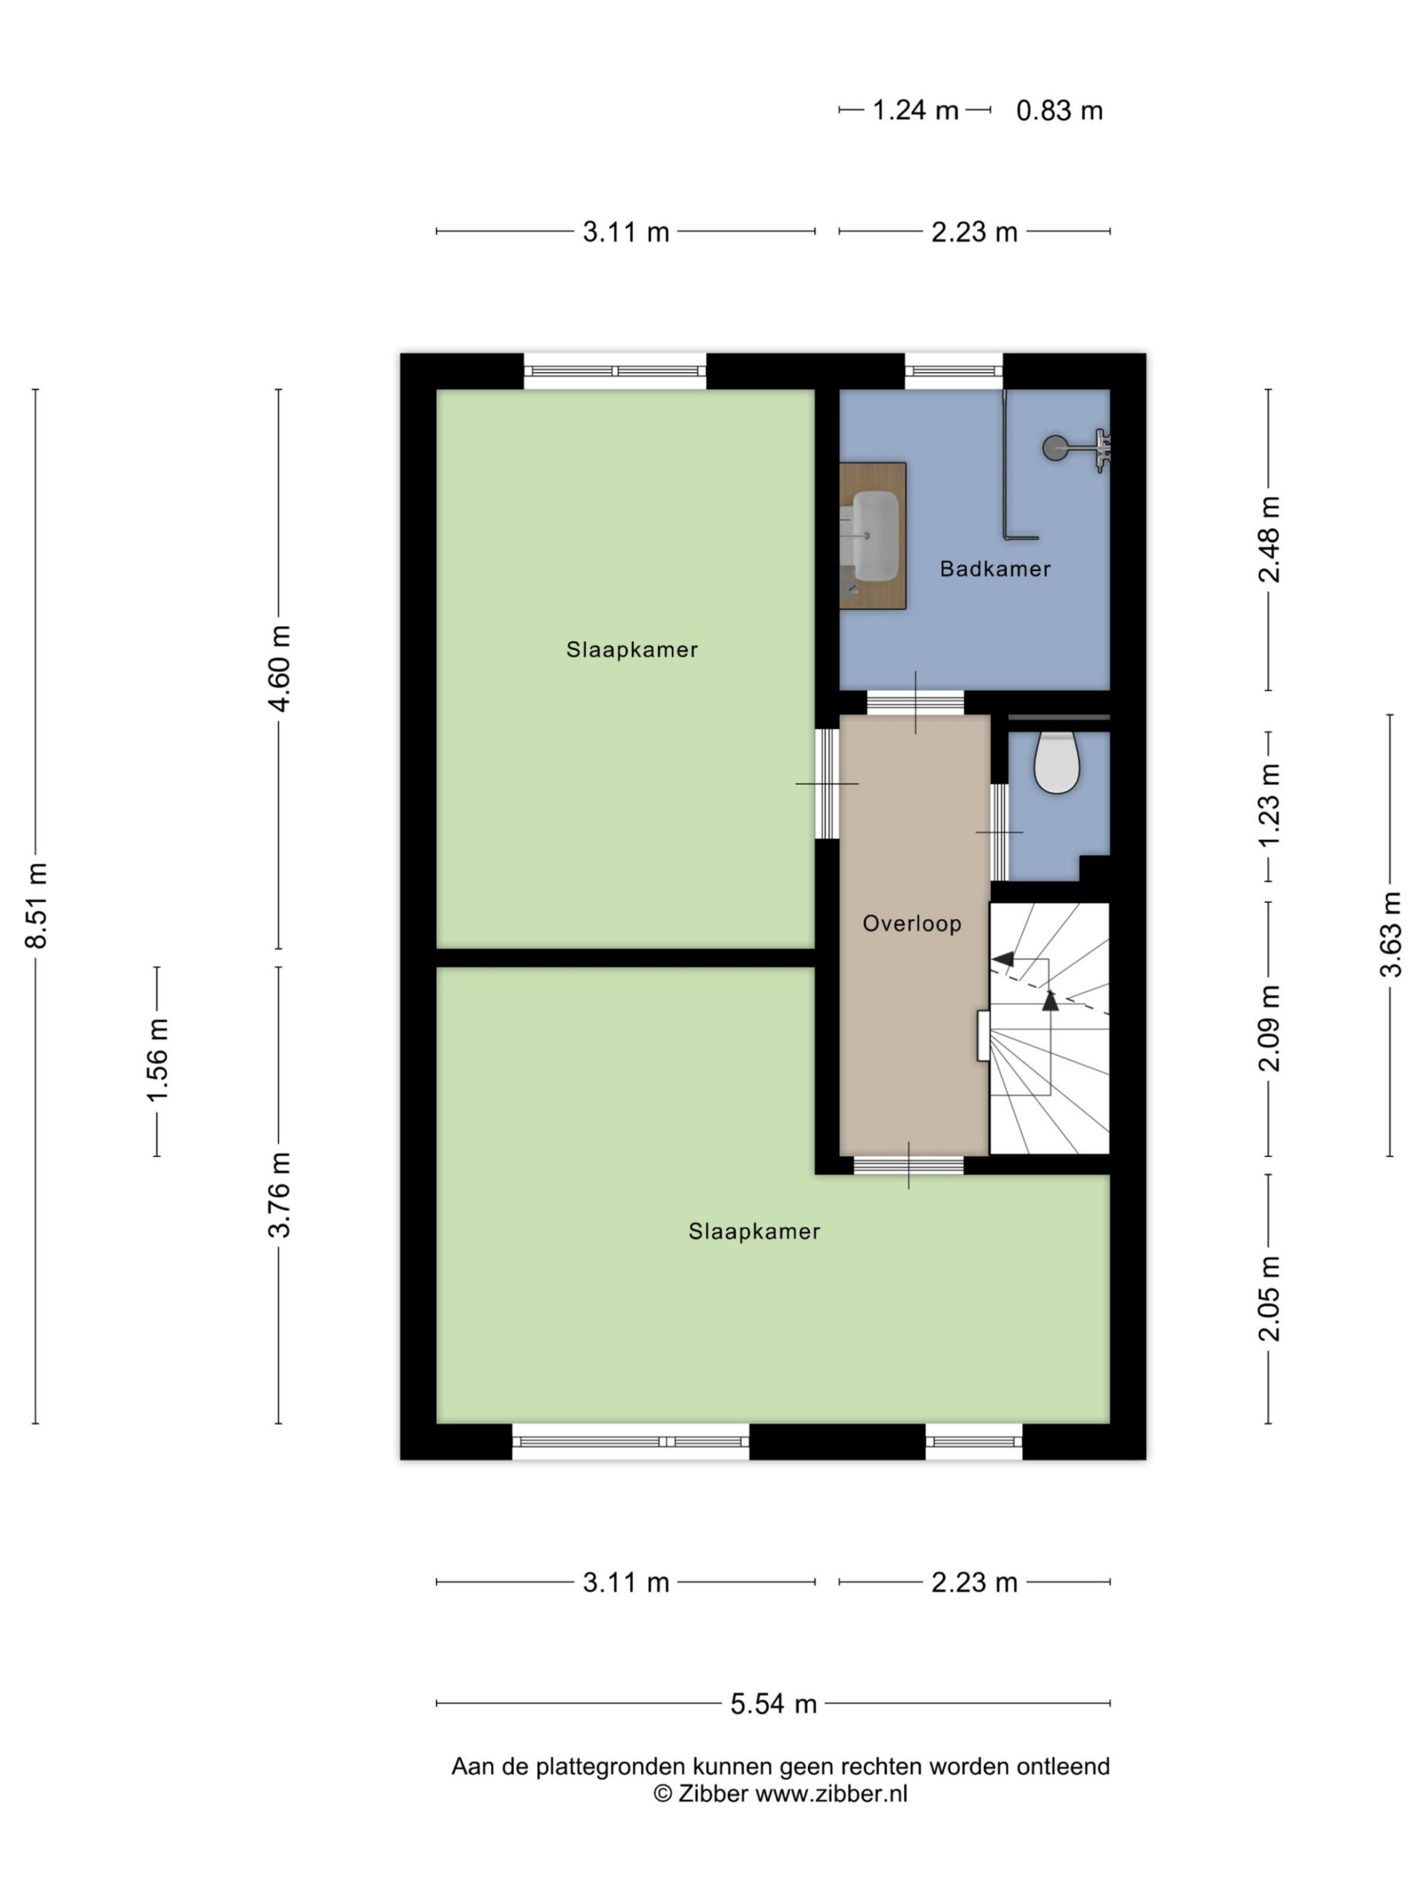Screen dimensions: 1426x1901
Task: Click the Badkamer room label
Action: [x=994, y=569]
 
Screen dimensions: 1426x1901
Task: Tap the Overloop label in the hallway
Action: [x=912, y=924]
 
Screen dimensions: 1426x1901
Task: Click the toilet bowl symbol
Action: [x=1056, y=763]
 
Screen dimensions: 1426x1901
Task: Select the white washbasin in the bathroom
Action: [x=869, y=535]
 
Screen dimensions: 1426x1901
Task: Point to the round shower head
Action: [x=1055, y=448]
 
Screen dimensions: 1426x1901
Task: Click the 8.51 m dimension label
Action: [x=37, y=905]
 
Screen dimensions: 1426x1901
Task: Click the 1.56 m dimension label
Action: [x=157, y=1060]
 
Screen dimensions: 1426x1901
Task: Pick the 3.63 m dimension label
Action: [x=1390, y=935]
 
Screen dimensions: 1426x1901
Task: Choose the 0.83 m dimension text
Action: [x=1059, y=111]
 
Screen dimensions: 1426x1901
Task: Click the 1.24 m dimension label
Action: [x=916, y=110]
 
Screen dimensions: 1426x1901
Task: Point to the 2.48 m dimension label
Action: [x=1269, y=540]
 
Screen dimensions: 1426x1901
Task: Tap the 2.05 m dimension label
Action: [x=1269, y=1300]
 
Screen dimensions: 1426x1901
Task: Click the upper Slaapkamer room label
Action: [x=632, y=650]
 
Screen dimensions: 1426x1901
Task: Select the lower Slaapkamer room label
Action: [x=754, y=1231]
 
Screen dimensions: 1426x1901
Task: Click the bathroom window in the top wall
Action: [x=953, y=371]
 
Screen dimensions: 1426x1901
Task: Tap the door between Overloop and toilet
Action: [x=1000, y=832]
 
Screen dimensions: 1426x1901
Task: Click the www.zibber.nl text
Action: [x=831, y=1793]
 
